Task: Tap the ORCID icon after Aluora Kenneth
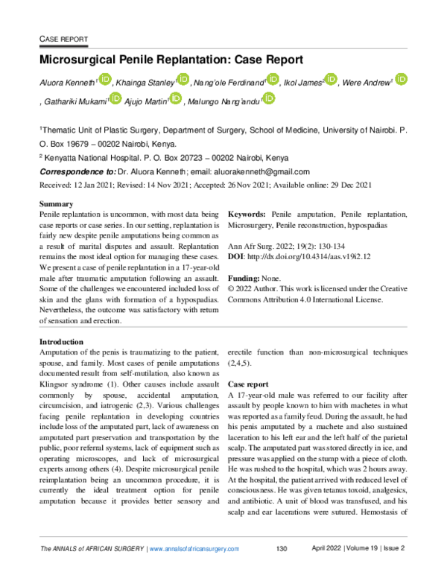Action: tap(104, 80)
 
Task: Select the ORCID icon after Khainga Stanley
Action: tap(183, 80)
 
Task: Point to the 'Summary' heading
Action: tap(55, 203)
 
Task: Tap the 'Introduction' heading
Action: tap(61, 342)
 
